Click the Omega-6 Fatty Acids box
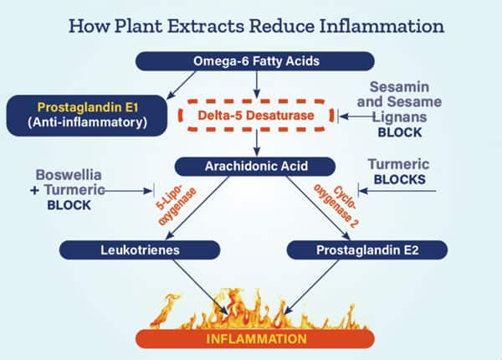[x=256, y=60]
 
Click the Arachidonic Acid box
[x=256, y=166]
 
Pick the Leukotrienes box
[x=140, y=249]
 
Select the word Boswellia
[x=73, y=175]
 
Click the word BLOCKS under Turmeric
[x=400, y=179]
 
